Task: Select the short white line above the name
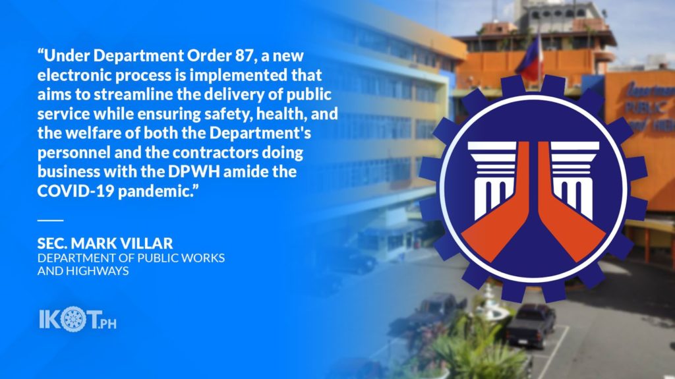50,220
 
